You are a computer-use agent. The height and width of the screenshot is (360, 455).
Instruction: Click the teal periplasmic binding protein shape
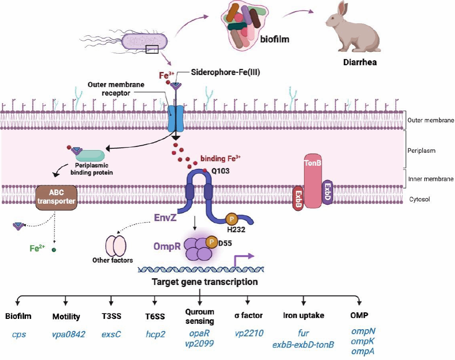pos(90,155)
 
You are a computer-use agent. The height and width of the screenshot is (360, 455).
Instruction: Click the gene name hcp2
pos(155,334)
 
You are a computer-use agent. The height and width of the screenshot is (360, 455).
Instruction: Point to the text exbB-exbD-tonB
pos(303,344)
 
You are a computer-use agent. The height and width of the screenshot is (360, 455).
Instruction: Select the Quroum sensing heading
pos(199,316)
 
